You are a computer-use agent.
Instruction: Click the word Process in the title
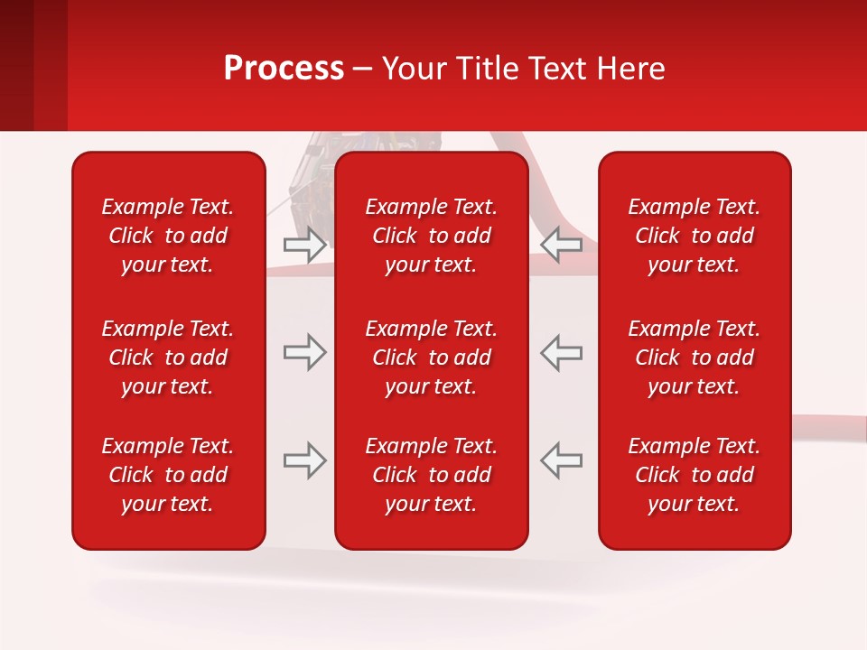[x=284, y=69]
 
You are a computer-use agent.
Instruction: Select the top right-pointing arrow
[x=304, y=245]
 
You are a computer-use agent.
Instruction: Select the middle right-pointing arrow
[x=304, y=352]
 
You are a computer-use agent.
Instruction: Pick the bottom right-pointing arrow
[x=304, y=460]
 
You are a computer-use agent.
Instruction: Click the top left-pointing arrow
[x=562, y=245]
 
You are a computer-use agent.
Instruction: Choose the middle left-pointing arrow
[x=562, y=352]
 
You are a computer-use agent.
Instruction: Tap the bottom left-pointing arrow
[x=562, y=460]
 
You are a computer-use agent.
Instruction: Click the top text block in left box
[x=168, y=236]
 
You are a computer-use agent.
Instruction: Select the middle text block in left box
[x=168, y=357]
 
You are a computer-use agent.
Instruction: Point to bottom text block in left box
[x=168, y=475]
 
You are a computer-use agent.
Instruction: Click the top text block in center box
[x=432, y=236]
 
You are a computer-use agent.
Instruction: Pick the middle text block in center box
[x=432, y=357]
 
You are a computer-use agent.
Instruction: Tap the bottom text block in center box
[x=432, y=475]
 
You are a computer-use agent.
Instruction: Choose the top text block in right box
[x=695, y=236]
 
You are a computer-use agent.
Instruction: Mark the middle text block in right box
[x=695, y=357]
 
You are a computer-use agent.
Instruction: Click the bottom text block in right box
[x=695, y=475]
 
